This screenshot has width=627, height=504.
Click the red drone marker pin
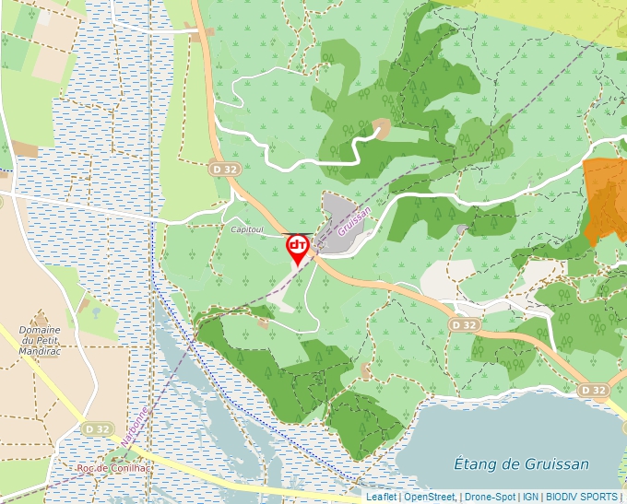click(x=298, y=248)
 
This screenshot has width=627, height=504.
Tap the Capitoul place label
click(x=248, y=229)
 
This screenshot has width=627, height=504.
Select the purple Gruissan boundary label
click(x=354, y=221)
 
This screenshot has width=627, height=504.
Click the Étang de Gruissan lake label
click(x=523, y=463)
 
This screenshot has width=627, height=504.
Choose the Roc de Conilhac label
click(x=113, y=468)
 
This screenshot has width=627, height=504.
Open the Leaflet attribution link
click(x=381, y=497)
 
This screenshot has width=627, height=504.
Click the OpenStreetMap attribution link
click(x=429, y=497)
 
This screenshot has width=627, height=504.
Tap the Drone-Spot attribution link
click(x=491, y=497)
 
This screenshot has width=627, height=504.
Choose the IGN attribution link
click(x=530, y=497)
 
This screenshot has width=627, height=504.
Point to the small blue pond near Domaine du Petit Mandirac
click(x=95, y=311)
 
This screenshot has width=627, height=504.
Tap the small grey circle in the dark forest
click(x=462, y=229)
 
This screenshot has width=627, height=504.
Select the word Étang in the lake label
click(x=479, y=463)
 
